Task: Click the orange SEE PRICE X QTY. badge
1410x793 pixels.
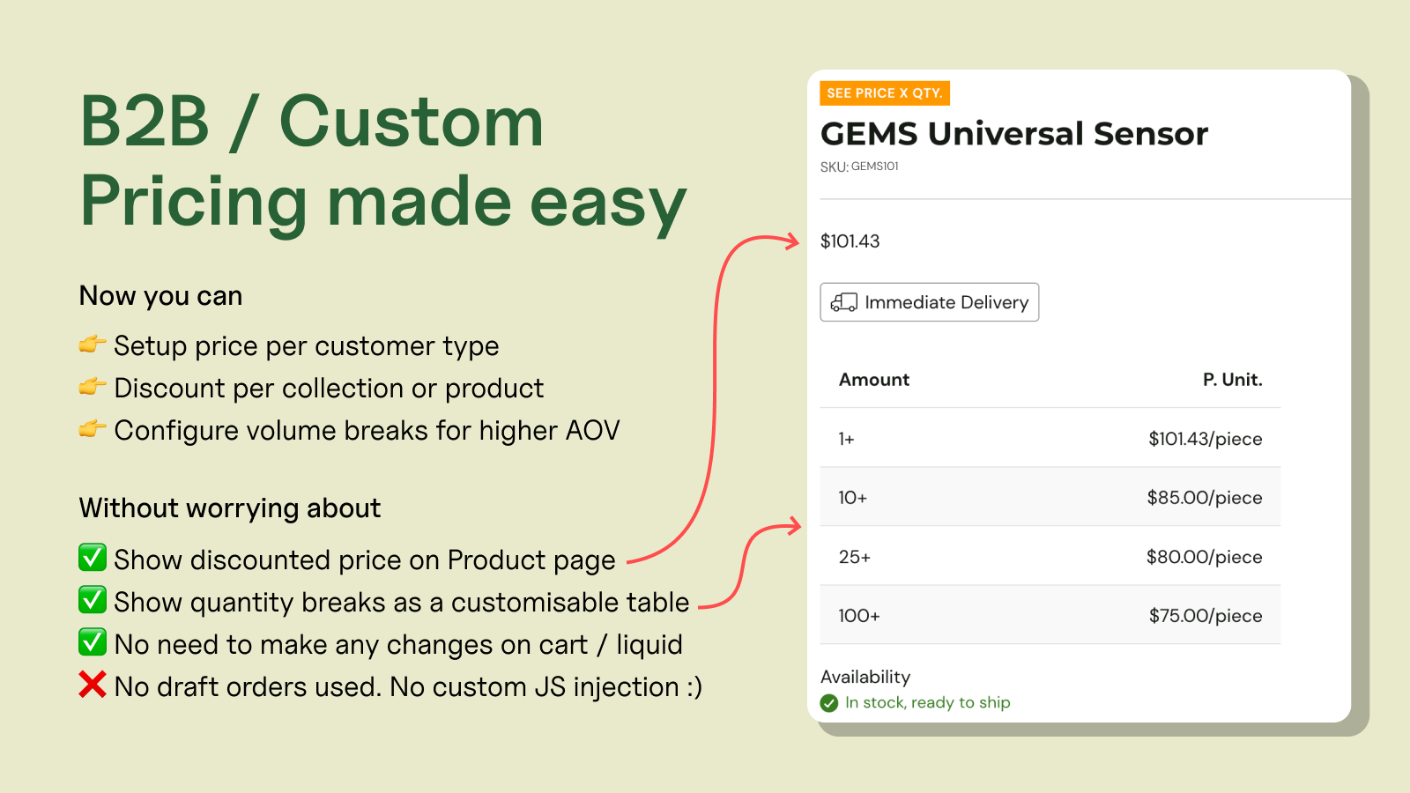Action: click(x=885, y=93)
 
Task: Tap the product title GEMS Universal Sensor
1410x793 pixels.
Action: click(x=1014, y=133)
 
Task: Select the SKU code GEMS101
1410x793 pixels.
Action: click(x=874, y=167)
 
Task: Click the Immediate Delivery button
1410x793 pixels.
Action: click(x=929, y=302)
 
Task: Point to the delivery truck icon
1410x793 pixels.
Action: click(x=843, y=302)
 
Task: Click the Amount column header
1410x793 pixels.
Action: click(x=873, y=380)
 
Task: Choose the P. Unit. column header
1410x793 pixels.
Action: click(x=1233, y=380)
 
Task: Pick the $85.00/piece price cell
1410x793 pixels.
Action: click(x=1204, y=497)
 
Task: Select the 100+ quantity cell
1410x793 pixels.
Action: click(x=859, y=615)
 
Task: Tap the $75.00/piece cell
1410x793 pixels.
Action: click(x=1206, y=615)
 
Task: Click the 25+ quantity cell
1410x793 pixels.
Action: click(x=854, y=556)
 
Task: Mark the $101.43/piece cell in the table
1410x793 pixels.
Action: click(x=1206, y=438)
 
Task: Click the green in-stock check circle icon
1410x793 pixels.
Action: click(x=829, y=703)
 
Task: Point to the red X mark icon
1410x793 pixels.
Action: click(x=92, y=685)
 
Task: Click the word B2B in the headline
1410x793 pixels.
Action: click(x=145, y=122)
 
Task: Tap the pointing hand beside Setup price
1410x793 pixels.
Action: click(x=92, y=344)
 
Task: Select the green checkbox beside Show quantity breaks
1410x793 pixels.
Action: click(x=92, y=600)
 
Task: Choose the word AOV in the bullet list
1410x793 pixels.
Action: click(x=592, y=431)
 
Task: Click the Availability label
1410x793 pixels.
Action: click(x=865, y=677)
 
